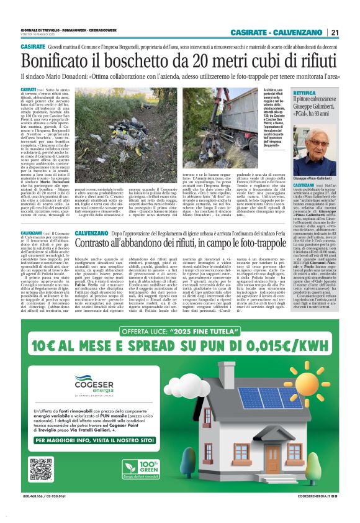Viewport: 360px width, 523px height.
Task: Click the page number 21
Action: pyautogui.click(x=335, y=33)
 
